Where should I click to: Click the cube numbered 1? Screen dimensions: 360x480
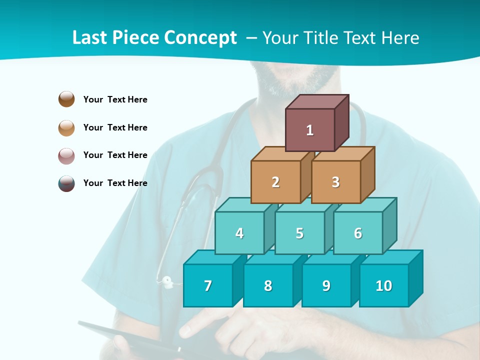pyautogui.click(x=310, y=130)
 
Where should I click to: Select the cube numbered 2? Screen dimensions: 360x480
pyautogui.click(x=275, y=182)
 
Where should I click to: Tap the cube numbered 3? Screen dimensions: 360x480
pyautogui.click(x=335, y=182)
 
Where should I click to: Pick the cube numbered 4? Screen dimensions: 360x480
pyautogui.click(x=239, y=233)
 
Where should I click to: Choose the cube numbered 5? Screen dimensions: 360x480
pyautogui.click(x=299, y=233)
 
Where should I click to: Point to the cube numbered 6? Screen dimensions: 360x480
pyautogui.click(x=358, y=233)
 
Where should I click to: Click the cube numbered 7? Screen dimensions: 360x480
pyautogui.click(x=208, y=285)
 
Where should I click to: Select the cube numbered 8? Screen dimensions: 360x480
pyautogui.click(x=268, y=285)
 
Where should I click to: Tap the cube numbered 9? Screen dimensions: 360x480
pyautogui.click(x=326, y=285)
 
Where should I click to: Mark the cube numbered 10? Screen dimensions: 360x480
pyautogui.click(x=383, y=285)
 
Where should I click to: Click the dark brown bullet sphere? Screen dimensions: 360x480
pyautogui.click(x=66, y=99)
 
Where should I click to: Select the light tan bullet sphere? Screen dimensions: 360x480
pyautogui.click(x=66, y=127)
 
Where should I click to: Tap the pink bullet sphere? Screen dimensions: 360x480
pyautogui.click(x=66, y=155)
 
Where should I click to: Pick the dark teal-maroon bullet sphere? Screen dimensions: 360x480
pyautogui.click(x=66, y=183)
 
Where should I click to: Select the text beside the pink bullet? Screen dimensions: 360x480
pyautogui.click(x=115, y=155)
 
